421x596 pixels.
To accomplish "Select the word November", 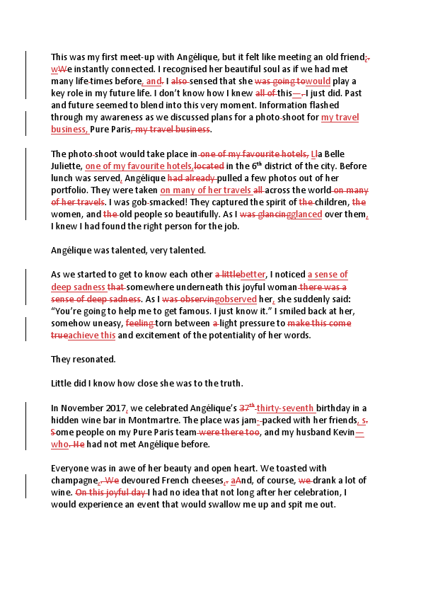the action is (x=80, y=407).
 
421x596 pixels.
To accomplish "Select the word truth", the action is (x=227, y=383).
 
